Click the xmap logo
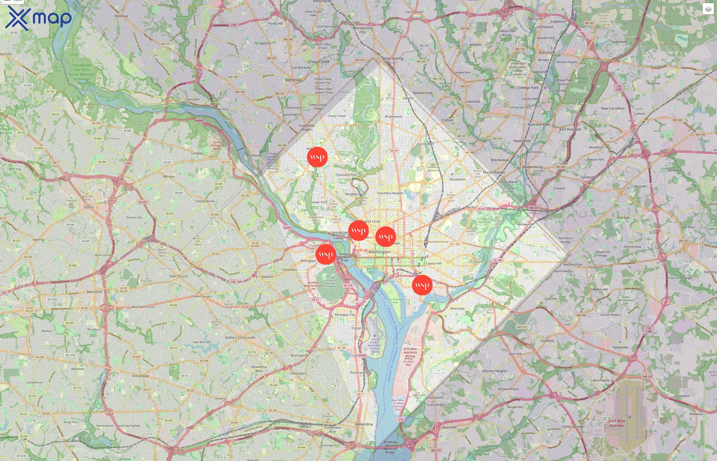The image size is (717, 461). click(38, 18)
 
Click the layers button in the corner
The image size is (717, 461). click(708, 9)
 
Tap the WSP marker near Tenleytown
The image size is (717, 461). click(317, 157)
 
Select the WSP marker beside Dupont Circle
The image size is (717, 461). click(358, 230)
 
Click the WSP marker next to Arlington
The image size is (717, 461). click(325, 254)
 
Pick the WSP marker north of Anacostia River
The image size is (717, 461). click(422, 285)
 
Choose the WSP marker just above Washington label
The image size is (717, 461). click(385, 236)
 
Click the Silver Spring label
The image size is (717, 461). click(392, 58)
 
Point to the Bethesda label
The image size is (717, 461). click(293, 80)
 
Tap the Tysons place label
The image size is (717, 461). click(89, 207)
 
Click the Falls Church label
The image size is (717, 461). click(179, 276)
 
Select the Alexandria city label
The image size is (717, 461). click(364, 424)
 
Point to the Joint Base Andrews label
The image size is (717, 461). click(616, 423)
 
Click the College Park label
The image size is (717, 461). click(528, 88)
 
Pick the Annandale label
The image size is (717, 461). click(141, 376)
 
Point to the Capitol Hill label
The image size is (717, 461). click(433, 264)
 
